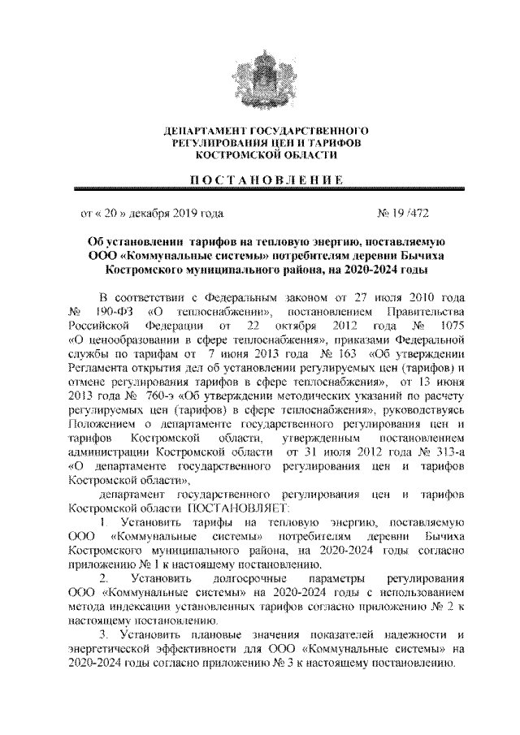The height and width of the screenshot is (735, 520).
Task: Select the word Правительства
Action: point(427,312)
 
